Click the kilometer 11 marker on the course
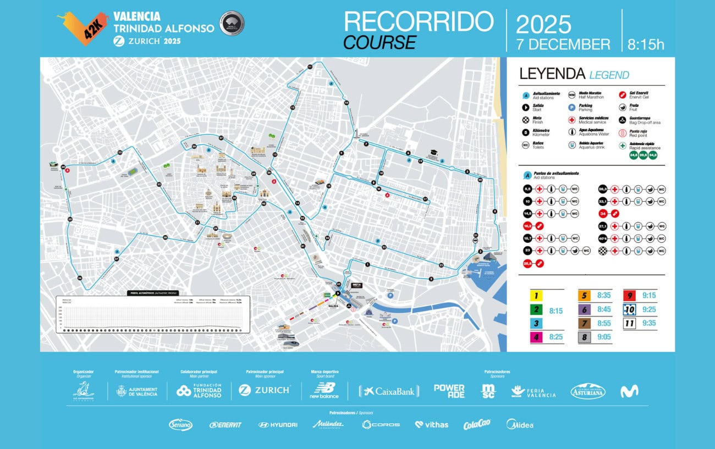(x=310, y=66)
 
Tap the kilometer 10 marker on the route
(x=346, y=103)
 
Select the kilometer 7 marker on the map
(x=366, y=144)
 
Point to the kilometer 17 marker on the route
(x=425, y=198)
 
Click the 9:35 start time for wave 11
(x=648, y=323)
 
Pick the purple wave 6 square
(x=585, y=309)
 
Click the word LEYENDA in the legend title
(x=552, y=74)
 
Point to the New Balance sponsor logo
(x=324, y=390)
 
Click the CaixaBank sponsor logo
(x=389, y=391)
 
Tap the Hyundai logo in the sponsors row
(x=278, y=425)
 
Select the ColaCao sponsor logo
(x=476, y=424)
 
